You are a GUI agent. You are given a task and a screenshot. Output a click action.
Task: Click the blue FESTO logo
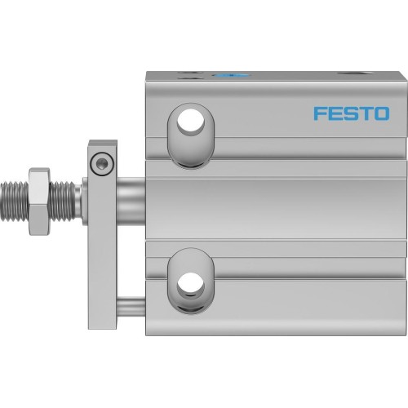pyautogui.click(x=351, y=113)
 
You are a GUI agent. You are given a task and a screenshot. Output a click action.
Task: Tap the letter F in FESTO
pyautogui.click(x=320, y=113)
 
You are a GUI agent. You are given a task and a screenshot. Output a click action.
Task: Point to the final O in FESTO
pyautogui.click(x=380, y=113)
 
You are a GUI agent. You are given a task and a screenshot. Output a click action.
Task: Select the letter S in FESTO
pyautogui.click(x=349, y=113)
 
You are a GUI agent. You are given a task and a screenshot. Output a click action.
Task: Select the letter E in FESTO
pyautogui.click(x=335, y=113)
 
